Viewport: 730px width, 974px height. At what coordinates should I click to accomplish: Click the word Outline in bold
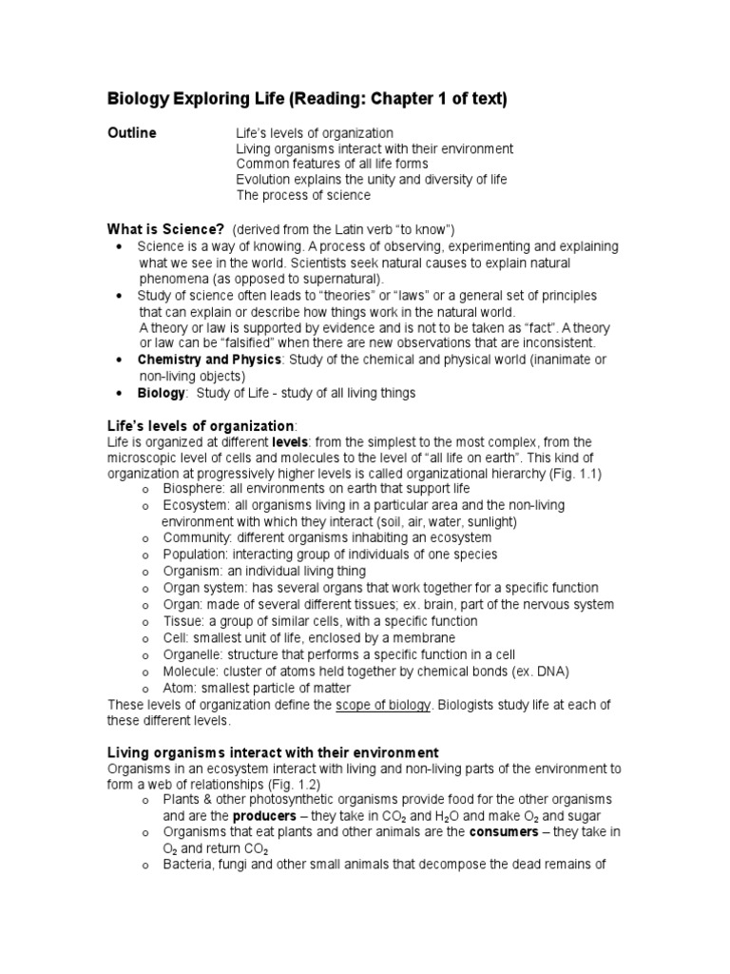point(131,133)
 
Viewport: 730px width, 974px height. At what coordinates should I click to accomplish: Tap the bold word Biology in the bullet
point(161,393)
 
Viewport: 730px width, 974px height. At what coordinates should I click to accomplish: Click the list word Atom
point(179,688)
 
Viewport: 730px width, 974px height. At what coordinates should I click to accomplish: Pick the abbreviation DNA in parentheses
point(550,672)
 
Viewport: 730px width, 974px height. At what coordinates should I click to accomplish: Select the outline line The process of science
point(303,195)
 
